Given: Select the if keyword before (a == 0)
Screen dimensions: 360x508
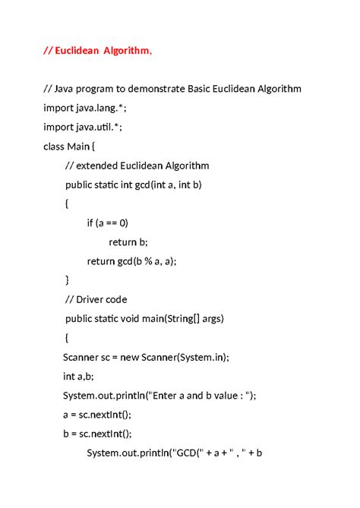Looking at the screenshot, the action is tap(91, 222).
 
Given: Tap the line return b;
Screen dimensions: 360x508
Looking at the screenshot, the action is tap(128, 241).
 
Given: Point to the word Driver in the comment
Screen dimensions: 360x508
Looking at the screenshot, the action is tap(93, 299).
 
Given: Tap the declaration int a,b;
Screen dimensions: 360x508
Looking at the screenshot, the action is tap(78, 376).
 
